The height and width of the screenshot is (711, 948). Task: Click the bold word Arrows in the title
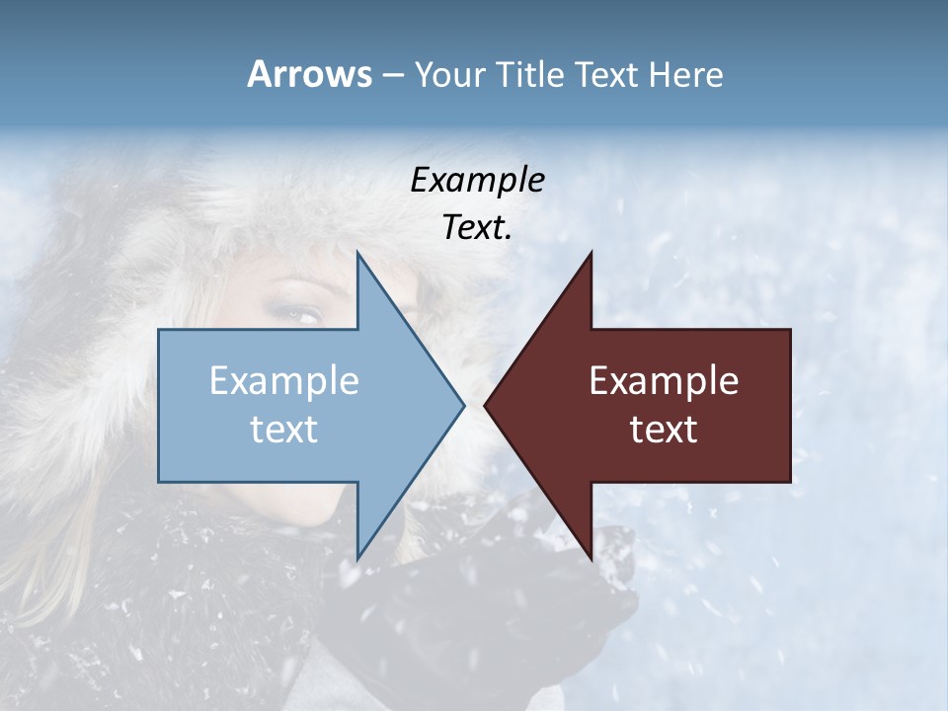(309, 74)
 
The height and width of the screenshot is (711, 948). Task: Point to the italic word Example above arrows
(477, 181)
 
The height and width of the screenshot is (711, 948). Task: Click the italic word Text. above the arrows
(477, 228)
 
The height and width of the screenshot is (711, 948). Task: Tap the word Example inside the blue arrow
(284, 381)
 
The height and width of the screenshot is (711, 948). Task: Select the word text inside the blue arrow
(284, 430)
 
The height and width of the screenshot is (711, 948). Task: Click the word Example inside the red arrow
(664, 381)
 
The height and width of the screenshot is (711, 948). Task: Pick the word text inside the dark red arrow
(664, 430)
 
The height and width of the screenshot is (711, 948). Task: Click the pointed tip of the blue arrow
(463, 405)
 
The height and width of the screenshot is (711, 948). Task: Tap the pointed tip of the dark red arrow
(485, 405)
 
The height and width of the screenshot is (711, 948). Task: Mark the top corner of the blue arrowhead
(357, 253)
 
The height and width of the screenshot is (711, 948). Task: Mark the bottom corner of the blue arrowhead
(357, 559)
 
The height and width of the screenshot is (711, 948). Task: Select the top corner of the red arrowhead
(591, 253)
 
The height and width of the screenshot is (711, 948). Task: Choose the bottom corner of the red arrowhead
(591, 559)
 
